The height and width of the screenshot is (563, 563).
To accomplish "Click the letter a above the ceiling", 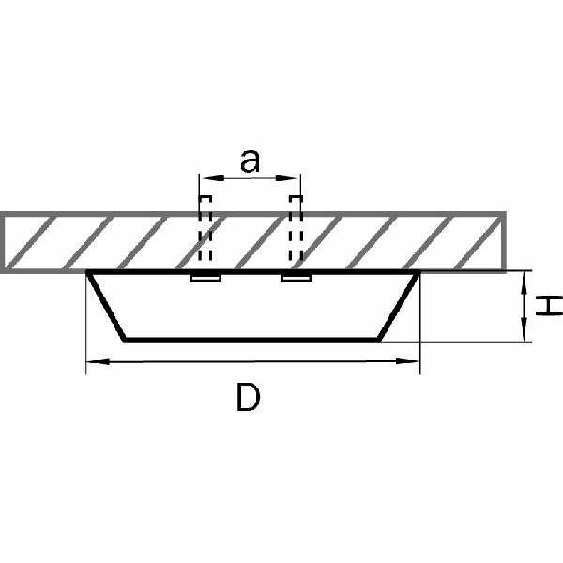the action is pos(249,161).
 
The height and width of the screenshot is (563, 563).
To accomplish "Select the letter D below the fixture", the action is pos(248,398).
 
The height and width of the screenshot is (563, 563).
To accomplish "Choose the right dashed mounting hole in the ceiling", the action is pos(296,230).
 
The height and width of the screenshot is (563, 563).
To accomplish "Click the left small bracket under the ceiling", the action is pos(205,278).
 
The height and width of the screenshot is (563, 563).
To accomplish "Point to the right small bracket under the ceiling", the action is pos(296,278).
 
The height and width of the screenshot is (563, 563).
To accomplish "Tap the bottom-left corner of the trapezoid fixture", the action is pos(124,339).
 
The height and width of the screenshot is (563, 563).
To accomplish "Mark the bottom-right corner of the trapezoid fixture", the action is pos(380,339).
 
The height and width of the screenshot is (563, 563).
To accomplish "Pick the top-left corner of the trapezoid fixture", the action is pos(88,273).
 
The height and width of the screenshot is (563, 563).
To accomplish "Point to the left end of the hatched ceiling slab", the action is pos(4,243).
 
